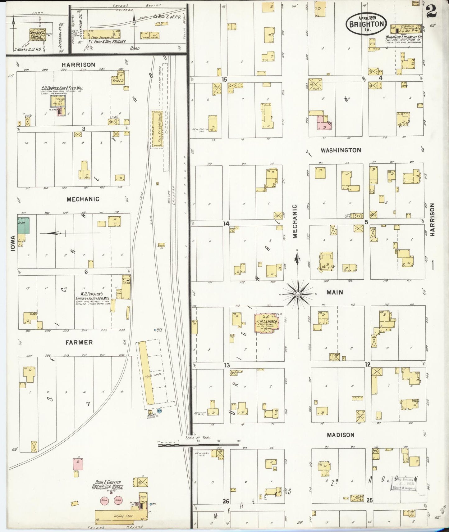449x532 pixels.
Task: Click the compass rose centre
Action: (x=298, y=294)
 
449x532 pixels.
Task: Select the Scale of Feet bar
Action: (x=199, y=445)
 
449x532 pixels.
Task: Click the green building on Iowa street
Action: (x=24, y=226)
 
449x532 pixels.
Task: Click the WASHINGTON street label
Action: (x=341, y=150)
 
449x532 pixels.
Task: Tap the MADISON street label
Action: (x=341, y=435)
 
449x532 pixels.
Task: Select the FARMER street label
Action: (x=79, y=342)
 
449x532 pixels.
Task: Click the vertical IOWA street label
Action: (x=13, y=244)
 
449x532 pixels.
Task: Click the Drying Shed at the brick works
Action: (x=121, y=516)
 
